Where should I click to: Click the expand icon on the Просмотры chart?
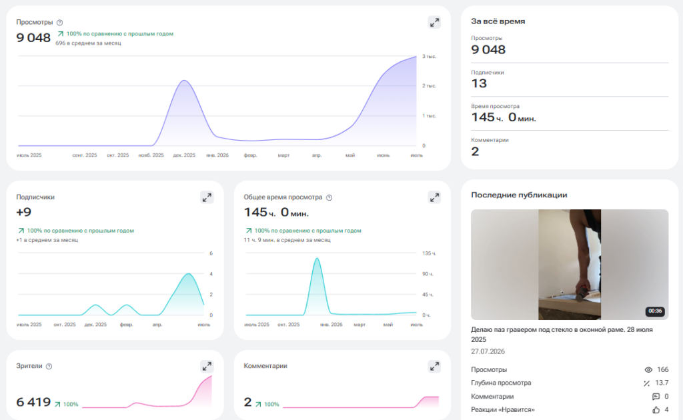pyautogui.click(x=434, y=23)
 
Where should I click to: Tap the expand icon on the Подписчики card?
pyautogui.click(x=207, y=197)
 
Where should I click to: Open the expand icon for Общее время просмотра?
pyautogui.click(x=434, y=197)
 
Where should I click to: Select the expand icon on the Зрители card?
pyautogui.click(x=207, y=366)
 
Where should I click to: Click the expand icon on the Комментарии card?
pyautogui.click(x=434, y=367)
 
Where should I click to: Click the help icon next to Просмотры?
pyautogui.click(x=59, y=23)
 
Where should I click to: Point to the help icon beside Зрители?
pyautogui.click(x=49, y=367)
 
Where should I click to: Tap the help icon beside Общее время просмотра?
pyautogui.click(x=329, y=197)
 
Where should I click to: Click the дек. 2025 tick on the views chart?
pyautogui.click(x=184, y=155)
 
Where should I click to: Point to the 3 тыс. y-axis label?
pyautogui.click(x=429, y=57)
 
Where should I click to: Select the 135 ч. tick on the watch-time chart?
pyautogui.click(x=429, y=253)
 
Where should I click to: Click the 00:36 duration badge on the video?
pyautogui.click(x=655, y=311)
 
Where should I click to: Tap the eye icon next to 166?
pyautogui.click(x=648, y=370)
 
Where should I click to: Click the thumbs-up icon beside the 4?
pyautogui.click(x=656, y=410)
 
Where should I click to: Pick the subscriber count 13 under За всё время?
pyautogui.click(x=479, y=83)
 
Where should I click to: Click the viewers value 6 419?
pyautogui.click(x=33, y=402)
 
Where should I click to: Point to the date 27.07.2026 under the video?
pyautogui.click(x=488, y=352)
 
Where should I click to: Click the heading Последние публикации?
pyautogui.click(x=519, y=195)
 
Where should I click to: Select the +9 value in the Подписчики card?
pyautogui.click(x=24, y=213)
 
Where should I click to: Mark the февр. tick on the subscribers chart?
pyautogui.click(x=126, y=325)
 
